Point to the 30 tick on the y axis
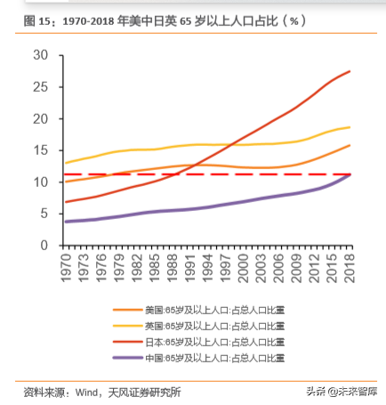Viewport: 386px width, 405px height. point(40,55)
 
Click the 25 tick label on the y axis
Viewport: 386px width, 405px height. point(40,87)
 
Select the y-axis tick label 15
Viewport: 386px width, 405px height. point(40,150)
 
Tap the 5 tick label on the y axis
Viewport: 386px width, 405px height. point(44,214)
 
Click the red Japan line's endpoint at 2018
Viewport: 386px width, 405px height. point(349,71)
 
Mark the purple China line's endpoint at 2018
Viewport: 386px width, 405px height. point(349,175)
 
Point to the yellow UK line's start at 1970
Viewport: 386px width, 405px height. point(67,163)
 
